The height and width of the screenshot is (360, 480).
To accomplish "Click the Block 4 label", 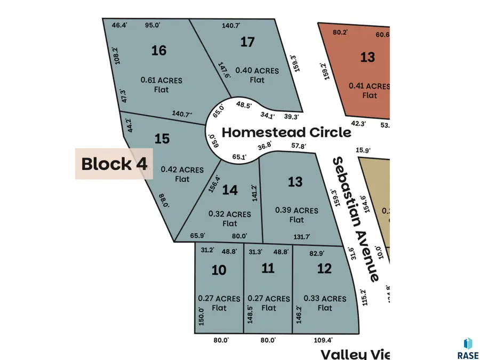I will [114, 164].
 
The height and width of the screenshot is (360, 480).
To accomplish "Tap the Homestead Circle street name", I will [286, 132].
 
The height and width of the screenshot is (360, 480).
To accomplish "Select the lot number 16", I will [159, 50].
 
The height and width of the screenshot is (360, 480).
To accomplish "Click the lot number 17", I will [247, 42].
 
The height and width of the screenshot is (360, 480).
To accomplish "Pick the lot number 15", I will [162, 139].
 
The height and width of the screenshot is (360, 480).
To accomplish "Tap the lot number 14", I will [230, 190].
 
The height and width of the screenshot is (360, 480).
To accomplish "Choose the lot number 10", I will [219, 270].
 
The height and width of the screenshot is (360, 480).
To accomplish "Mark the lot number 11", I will [268, 268].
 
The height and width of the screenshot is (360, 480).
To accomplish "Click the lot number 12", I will [324, 268].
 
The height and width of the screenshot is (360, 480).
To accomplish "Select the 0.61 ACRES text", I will [162, 81].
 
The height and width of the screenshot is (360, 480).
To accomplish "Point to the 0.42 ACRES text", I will [182, 170].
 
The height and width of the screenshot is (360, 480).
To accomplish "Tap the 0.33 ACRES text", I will [325, 299].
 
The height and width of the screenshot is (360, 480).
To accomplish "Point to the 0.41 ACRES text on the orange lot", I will [369, 86].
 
